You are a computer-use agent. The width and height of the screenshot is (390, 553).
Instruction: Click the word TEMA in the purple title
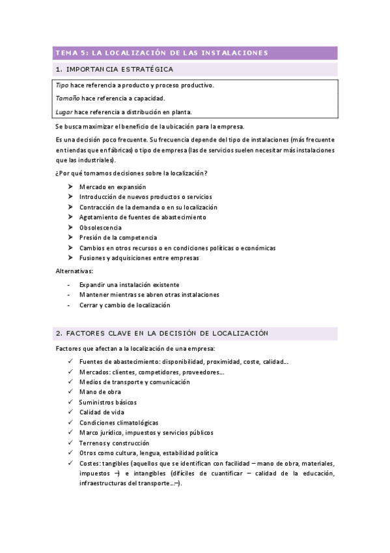pos(66,53)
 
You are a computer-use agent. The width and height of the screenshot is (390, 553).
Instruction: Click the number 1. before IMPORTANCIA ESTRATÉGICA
pos(59,69)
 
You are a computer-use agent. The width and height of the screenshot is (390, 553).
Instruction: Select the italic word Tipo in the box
pos(62,85)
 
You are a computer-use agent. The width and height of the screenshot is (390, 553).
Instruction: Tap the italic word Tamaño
pos(68,98)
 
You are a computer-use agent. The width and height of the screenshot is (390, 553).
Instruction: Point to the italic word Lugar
pos(64,112)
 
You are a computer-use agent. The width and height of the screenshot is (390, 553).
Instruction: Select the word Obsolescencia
pos(100,228)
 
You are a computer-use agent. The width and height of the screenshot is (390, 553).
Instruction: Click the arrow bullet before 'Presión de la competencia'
pos(70,238)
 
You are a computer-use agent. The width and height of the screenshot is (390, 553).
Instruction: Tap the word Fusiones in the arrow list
pos(92,258)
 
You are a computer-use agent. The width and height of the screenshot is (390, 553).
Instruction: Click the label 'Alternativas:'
pos(74,271)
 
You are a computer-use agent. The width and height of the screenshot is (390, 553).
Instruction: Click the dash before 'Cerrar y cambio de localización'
pos(69,305)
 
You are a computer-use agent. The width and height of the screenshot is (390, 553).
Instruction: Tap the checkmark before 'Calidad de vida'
pos(70,412)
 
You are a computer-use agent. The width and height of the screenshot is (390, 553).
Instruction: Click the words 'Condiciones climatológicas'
pos(118,423)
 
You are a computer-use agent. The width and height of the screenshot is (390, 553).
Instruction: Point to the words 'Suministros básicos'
pos(107,402)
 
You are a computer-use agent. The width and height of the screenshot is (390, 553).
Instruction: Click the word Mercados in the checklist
pos(95,372)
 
